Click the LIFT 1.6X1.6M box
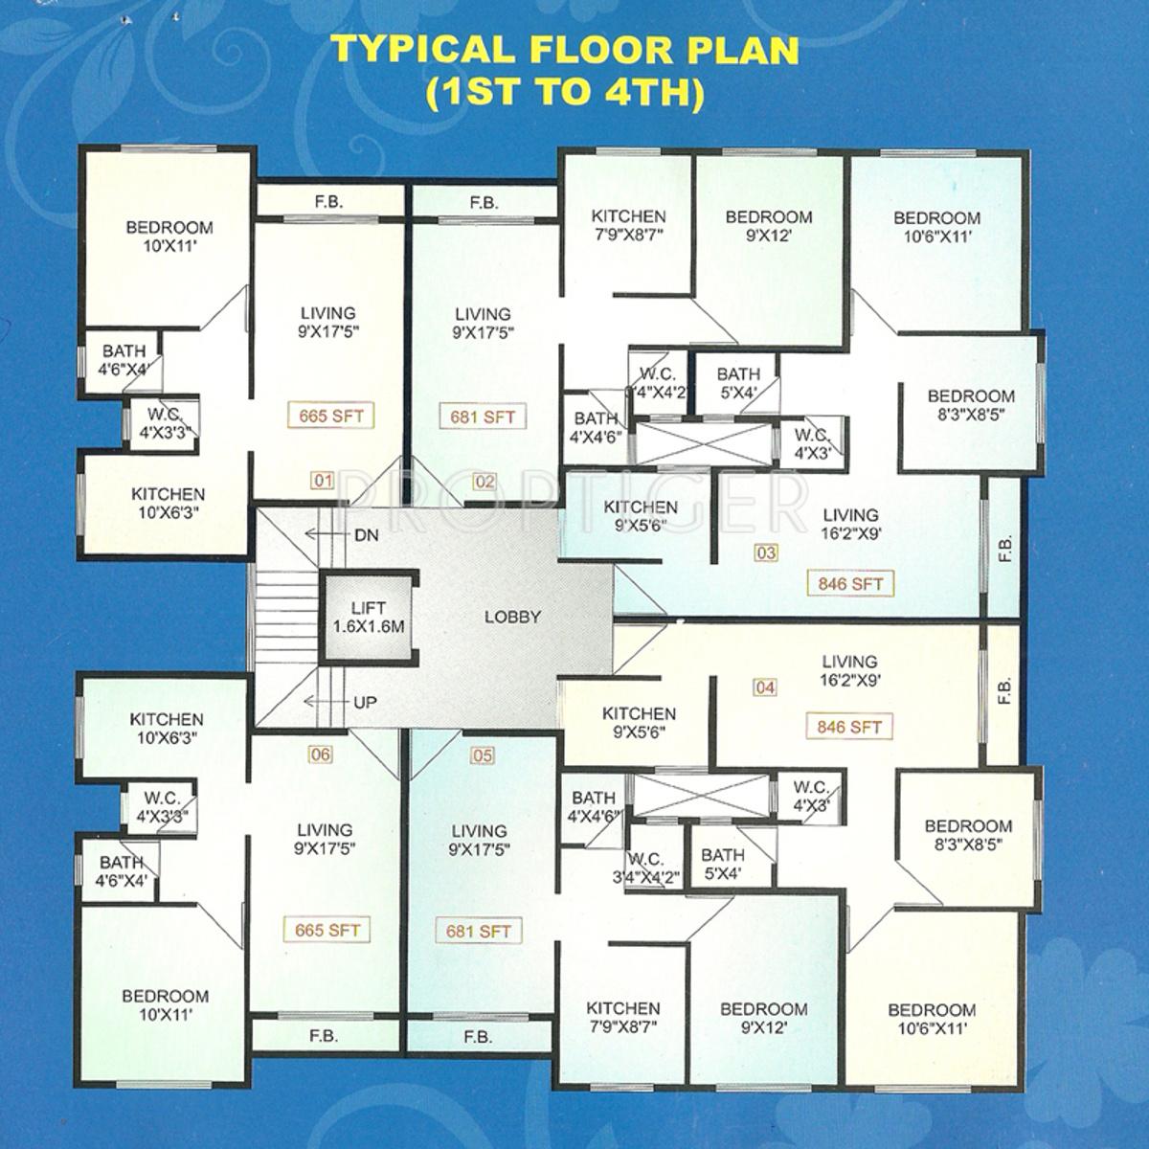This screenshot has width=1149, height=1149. click(x=369, y=617)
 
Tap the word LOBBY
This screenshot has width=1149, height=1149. click(x=512, y=617)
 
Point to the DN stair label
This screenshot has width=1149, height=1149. click(x=366, y=536)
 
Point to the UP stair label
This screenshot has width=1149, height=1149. click(x=365, y=702)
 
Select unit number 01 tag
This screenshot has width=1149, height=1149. click(x=322, y=481)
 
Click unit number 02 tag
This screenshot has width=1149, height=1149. click(x=484, y=481)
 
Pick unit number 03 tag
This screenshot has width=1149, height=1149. click(x=766, y=552)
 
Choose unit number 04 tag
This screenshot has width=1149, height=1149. click(x=764, y=687)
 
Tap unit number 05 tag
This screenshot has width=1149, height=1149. click(x=483, y=755)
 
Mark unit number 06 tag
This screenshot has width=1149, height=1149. click(x=320, y=755)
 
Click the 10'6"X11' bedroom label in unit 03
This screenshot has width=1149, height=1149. click(x=936, y=226)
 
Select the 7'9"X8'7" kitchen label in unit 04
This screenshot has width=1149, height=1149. click(x=623, y=1018)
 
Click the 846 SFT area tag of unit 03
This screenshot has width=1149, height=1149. click(x=849, y=582)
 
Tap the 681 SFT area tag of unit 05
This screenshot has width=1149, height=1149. click(x=479, y=930)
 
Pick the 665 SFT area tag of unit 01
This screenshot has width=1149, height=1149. click(x=330, y=417)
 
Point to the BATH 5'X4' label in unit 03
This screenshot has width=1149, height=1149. click(x=738, y=382)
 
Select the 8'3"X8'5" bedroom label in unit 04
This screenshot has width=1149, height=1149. click(x=969, y=835)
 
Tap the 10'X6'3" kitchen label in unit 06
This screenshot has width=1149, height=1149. click(x=168, y=728)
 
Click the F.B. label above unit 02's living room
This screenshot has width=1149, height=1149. click(x=484, y=202)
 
